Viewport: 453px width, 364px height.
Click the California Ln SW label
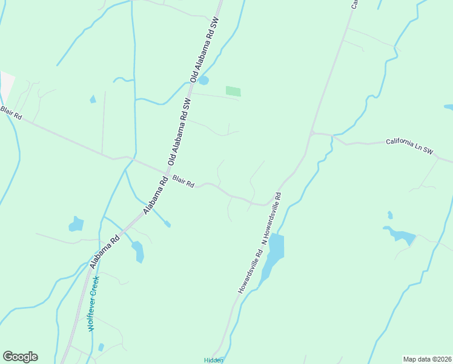(x=410, y=145)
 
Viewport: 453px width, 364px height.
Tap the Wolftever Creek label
(x=93, y=302)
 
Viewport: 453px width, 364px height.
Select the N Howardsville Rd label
(x=271, y=218)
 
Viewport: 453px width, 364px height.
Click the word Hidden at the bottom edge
(x=214, y=360)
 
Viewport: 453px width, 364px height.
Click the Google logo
(x=20, y=357)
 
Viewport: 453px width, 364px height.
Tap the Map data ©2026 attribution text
(x=427, y=359)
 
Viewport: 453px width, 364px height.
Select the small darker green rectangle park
(x=233, y=92)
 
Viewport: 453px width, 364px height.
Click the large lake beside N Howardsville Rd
(x=274, y=251)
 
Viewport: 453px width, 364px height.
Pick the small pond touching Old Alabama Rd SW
(x=203, y=80)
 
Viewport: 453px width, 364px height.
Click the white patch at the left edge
(x=6, y=85)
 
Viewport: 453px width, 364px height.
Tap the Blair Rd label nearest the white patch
(x=10, y=113)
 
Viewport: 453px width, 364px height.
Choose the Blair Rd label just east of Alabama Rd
(x=183, y=181)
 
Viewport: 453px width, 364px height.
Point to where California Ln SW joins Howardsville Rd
(x=311, y=132)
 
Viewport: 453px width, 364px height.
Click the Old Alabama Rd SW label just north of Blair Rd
(x=180, y=132)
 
